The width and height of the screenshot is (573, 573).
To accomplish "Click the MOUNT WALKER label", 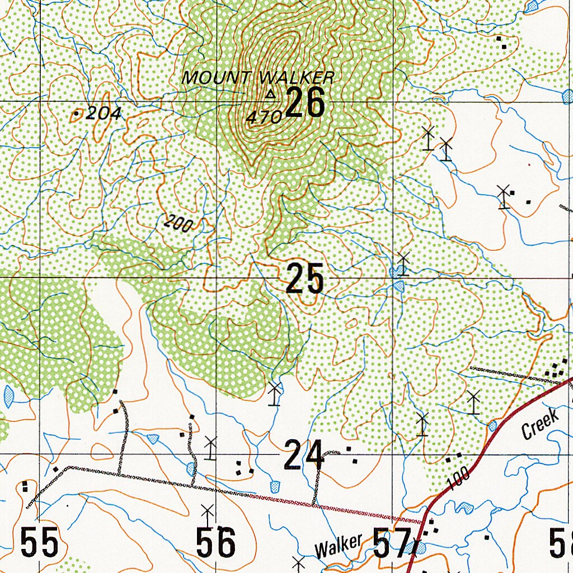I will click(258, 78).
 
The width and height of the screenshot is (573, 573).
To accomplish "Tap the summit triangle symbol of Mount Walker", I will click(271, 95).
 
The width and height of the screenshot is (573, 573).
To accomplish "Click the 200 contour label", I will click(179, 224).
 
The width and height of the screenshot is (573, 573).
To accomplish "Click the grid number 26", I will click(305, 103).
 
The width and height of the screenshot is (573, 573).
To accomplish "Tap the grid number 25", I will click(305, 279).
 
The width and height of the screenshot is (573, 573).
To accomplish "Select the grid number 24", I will click(304, 454).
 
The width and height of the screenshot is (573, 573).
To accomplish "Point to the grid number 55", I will click(39, 542).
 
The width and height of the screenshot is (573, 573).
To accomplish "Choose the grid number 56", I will click(215, 542).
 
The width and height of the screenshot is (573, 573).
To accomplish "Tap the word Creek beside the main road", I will click(540, 424).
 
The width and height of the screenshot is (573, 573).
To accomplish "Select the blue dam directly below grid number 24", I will click(275, 486).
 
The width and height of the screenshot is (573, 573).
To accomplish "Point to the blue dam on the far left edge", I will click(8, 396).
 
